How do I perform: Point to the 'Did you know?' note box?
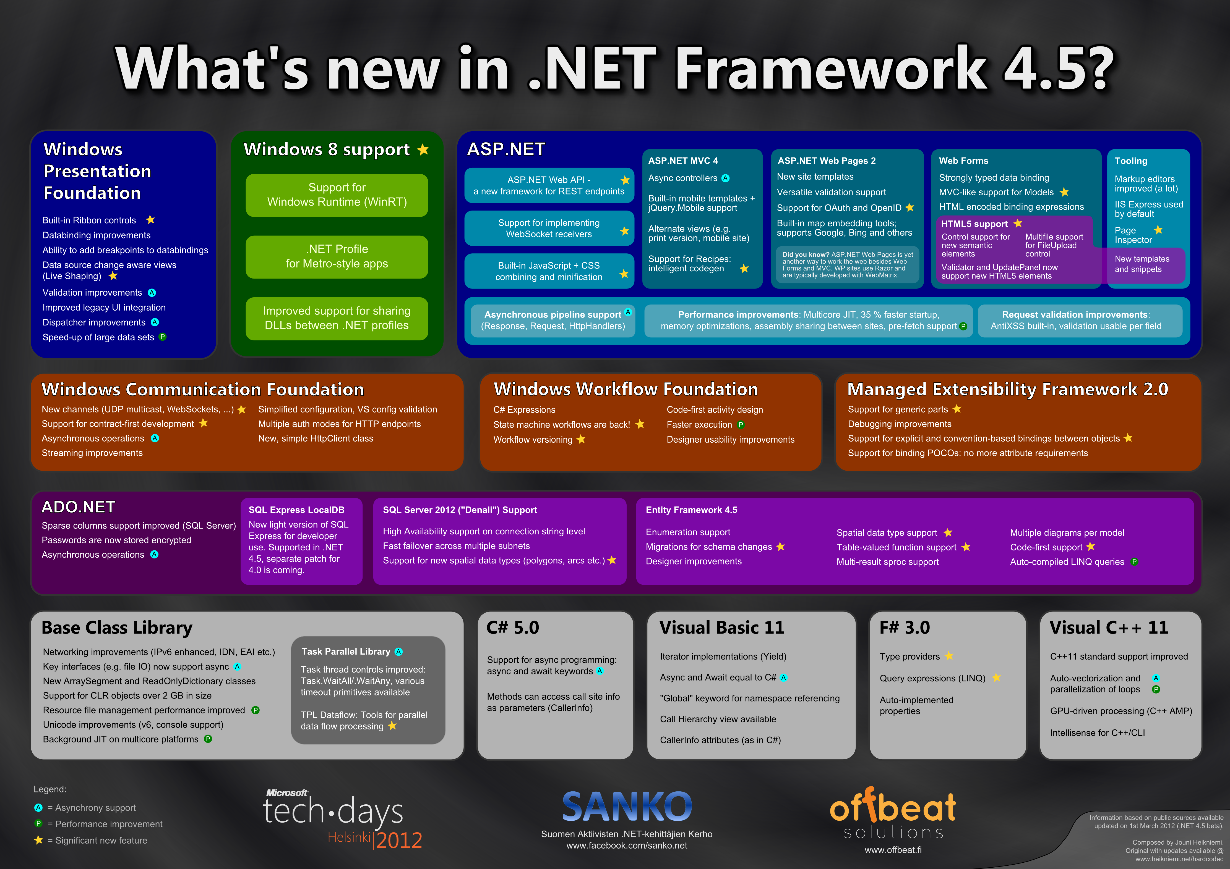click(x=847, y=264)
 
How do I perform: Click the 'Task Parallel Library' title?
click(x=346, y=652)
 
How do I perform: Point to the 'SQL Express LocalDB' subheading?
click(x=296, y=510)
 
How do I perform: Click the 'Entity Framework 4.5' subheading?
click(x=691, y=510)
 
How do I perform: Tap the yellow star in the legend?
click(x=38, y=840)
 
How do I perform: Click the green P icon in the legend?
click(x=38, y=823)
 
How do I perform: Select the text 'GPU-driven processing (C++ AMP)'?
click(x=1121, y=711)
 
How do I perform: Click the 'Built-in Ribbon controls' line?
click(x=89, y=220)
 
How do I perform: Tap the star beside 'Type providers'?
click(x=949, y=656)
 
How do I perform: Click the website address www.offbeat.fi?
click(x=893, y=850)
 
